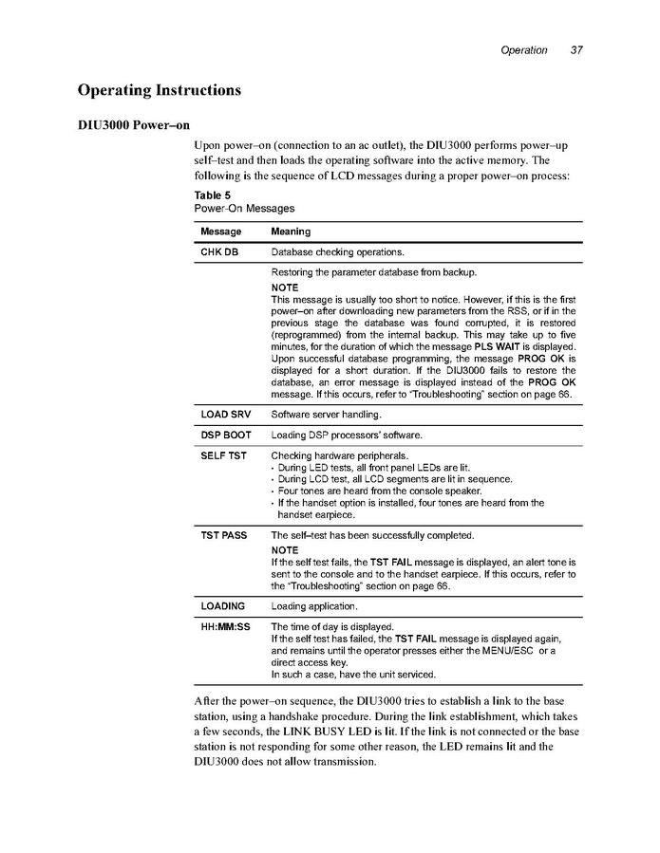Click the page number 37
[576, 50]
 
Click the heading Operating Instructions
[159, 91]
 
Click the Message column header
[220, 232]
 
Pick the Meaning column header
[291, 232]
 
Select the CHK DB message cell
[219, 253]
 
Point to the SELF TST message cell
[223, 456]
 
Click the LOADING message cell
[222, 605]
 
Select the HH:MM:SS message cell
[225, 627]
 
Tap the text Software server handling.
[326, 415]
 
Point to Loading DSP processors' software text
[347, 436]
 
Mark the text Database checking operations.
[337, 253]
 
